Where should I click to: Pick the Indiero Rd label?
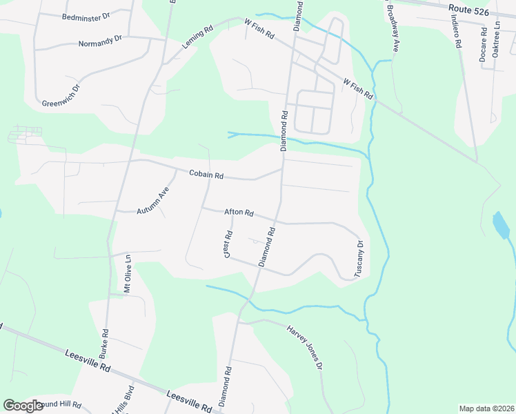[x=457, y=32]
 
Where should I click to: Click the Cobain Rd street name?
[x=206, y=175]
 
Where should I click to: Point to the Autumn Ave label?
[x=152, y=201]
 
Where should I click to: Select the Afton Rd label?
[x=239, y=213]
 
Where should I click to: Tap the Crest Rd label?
[x=227, y=244]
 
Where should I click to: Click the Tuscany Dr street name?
[x=359, y=259]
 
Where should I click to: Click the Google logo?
[x=23, y=406]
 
